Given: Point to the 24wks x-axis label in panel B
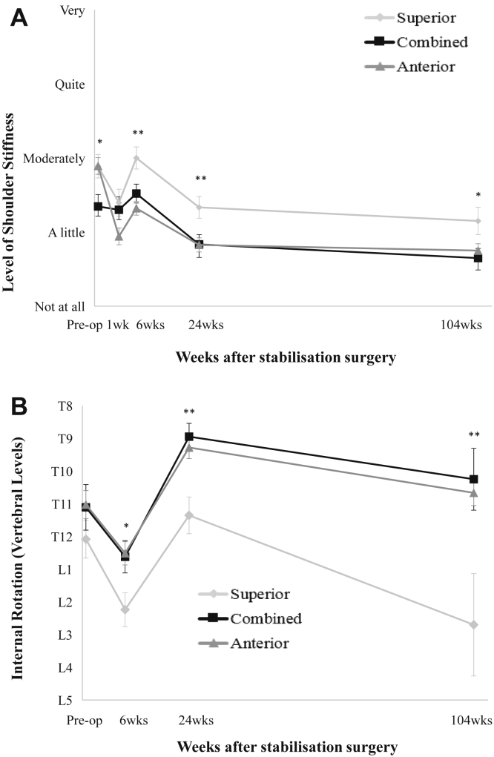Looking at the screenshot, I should tap(193, 720).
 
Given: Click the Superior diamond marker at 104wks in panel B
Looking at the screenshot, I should tap(474, 625).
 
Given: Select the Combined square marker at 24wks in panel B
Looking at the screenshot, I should tap(189, 437).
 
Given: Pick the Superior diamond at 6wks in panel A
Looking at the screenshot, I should tap(136, 158).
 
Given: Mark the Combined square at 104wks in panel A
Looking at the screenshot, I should tap(478, 258).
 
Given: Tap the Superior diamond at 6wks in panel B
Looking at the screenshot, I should tap(125, 609).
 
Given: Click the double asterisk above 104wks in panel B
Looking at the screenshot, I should tap(473, 435).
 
